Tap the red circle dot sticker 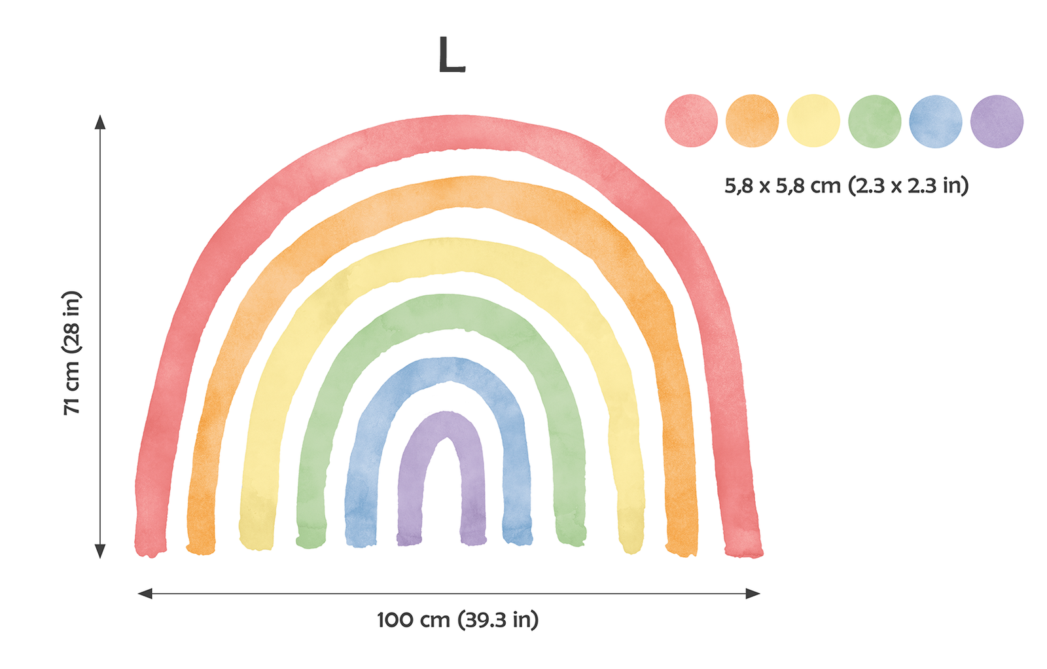pos(691,121)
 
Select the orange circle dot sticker pos(752,121)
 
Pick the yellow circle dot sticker pos(813,121)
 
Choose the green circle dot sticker pos(874,121)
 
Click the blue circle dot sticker pos(936,121)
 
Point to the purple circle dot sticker pos(997,121)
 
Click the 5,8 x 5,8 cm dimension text pos(846,186)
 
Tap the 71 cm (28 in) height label pos(72,352)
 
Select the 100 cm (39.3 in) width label pos(457,619)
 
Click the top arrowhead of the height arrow pos(100,122)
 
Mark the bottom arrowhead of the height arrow pos(100,551)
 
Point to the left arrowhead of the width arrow pos(145,594)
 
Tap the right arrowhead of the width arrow pos(753,594)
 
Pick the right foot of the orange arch pos(682,540)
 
